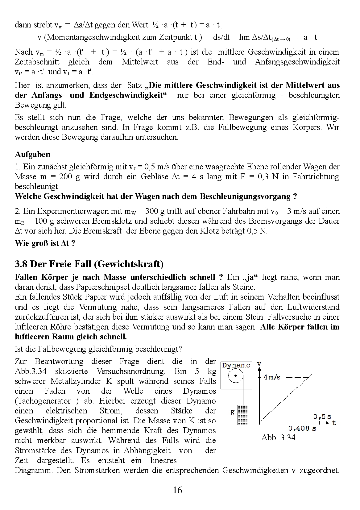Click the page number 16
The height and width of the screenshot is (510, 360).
pos(178,490)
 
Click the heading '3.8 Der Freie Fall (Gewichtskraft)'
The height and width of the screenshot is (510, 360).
pos(89,264)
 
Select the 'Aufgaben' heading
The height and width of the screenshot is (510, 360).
pos(32,154)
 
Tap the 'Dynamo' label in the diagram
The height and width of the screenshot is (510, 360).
pos(236,365)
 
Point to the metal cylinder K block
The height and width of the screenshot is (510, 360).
pos(244,414)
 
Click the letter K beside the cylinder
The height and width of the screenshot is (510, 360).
pos(233,413)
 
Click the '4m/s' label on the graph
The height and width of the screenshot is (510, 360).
pos(272,377)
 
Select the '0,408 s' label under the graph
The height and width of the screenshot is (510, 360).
pos(302,428)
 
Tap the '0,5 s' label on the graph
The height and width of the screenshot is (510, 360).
pos(322,417)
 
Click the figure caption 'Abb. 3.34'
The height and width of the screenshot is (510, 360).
pos(278,437)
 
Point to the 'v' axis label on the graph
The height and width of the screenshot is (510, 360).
pos(259,364)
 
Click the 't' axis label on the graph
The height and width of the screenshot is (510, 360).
pos(334,423)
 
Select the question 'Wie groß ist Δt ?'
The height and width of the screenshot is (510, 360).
pos(45,243)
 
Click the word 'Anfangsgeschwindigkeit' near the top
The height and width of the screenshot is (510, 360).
pos(297,62)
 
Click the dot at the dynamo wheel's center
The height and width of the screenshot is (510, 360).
pos(236,375)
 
